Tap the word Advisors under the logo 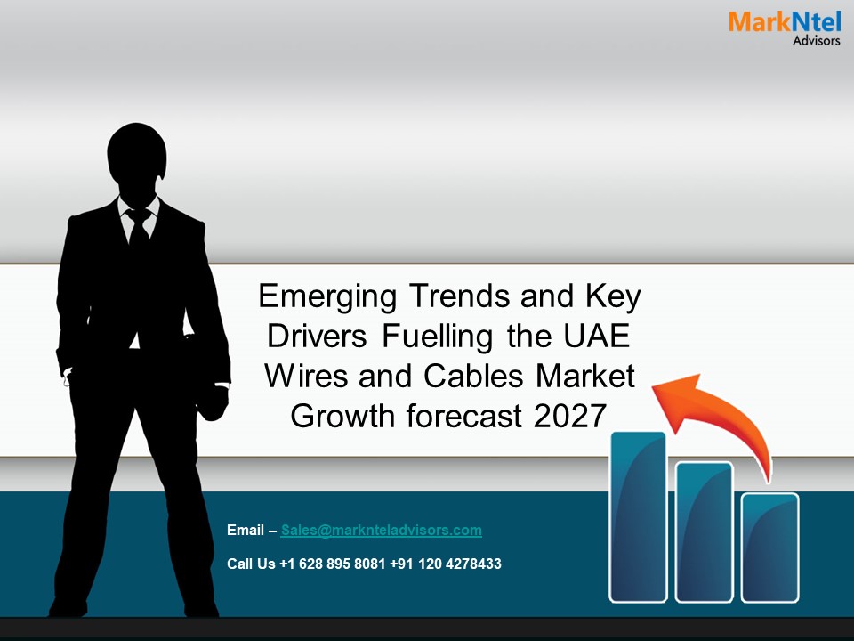click(x=816, y=41)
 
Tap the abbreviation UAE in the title click(x=602, y=337)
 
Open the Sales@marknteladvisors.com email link click(x=381, y=531)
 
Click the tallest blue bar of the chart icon click(x=638, y=516)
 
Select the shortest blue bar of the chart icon click(x=769, y=547)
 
